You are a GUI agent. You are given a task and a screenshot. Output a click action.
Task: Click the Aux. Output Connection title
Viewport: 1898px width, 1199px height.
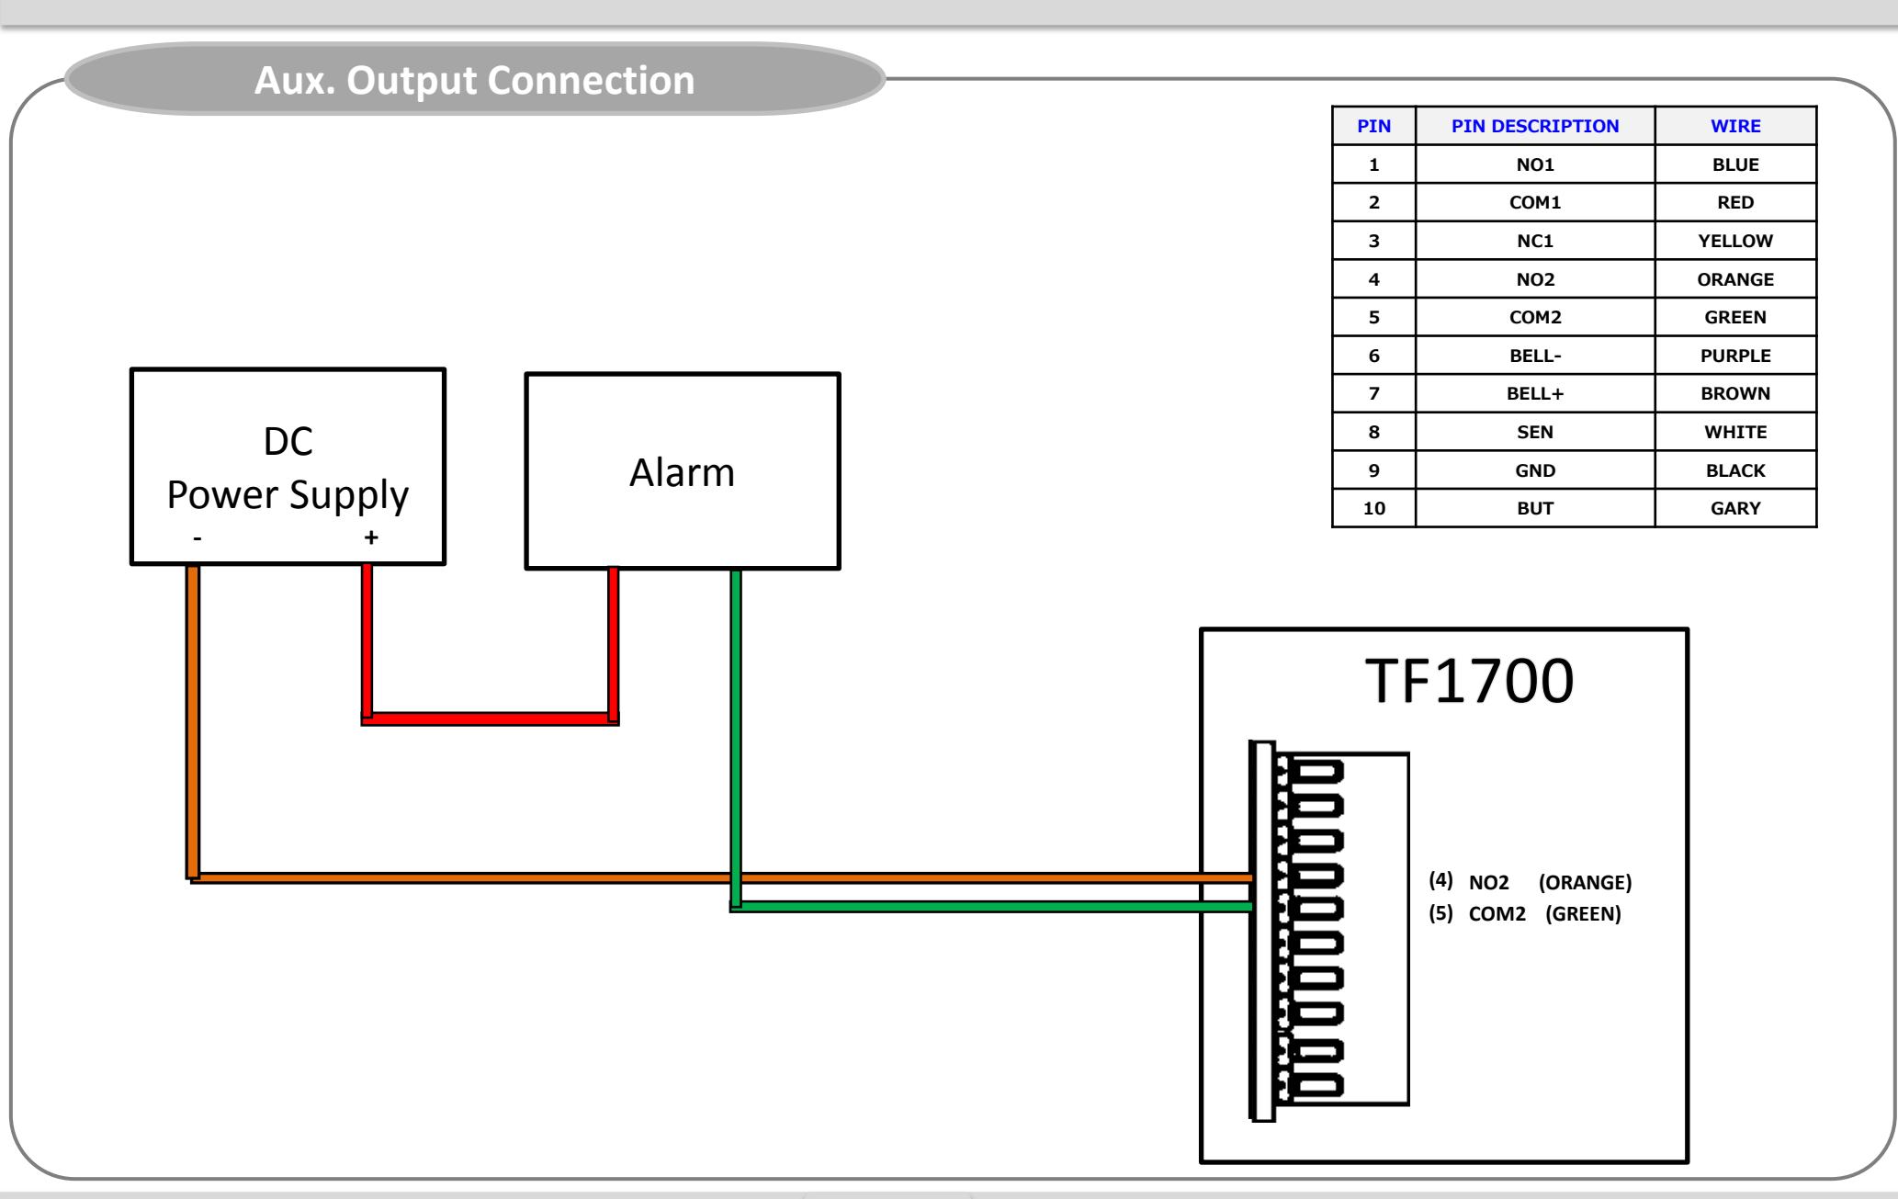(x=474, y=81)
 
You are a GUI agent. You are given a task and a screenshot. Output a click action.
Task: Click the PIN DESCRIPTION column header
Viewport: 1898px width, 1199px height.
(x=1535, y=126)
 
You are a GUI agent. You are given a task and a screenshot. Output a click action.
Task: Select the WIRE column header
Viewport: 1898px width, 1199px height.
(x=1735, y=126)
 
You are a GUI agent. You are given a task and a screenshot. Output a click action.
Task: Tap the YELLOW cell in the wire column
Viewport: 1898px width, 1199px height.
(x=1735, y=241)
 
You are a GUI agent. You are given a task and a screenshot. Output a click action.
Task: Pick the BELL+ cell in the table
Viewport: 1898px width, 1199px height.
(x=1535, y=393)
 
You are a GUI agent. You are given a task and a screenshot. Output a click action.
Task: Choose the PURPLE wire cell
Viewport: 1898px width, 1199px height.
(x=1735, y=356)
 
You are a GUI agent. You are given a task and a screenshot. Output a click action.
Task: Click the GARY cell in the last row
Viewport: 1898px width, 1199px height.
(x=1735, y=508)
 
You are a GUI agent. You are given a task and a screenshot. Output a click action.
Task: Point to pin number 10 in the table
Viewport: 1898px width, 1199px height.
(x=1374, y=508)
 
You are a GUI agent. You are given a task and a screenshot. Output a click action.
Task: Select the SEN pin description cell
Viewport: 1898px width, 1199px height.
(x=1535, y=432)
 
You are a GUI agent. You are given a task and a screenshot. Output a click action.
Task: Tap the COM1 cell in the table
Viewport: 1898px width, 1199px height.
(x=1535, y=202)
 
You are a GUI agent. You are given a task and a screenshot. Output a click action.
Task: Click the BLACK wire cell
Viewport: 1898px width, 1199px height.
(x=1735, y=470)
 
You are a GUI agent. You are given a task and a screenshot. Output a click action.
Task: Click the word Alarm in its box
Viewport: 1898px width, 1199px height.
(x=682, y=472)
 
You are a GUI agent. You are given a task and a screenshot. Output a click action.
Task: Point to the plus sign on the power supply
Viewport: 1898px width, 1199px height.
(x=371, y=537)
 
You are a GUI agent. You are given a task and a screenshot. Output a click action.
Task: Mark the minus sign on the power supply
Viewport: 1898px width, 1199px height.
(x=198, y=538)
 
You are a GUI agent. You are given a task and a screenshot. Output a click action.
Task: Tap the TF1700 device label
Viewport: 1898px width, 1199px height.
(x=1469, y=681)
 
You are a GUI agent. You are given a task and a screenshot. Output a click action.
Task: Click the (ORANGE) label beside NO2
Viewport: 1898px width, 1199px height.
(x=1585, y=883)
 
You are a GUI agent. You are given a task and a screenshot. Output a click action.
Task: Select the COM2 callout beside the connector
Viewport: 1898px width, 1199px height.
(x=1497, y=914)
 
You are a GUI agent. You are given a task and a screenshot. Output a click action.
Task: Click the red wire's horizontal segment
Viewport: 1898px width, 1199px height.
(x=490, y=718)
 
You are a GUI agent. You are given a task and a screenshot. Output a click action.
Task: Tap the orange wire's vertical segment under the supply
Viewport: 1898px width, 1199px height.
(x=193, y=721)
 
